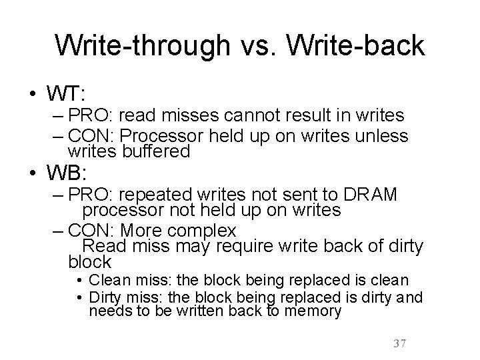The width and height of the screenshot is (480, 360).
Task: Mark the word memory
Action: coord(309,311)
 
